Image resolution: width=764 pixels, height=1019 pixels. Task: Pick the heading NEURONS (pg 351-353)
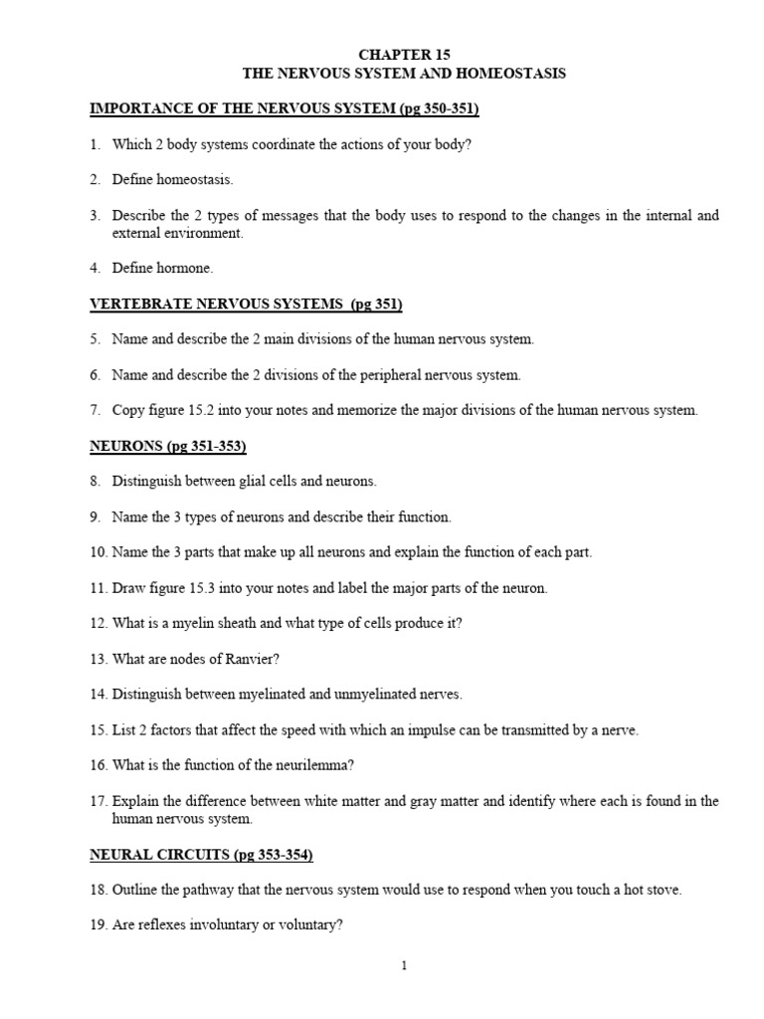(168, 446)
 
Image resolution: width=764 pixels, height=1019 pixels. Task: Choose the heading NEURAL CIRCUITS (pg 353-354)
(202, 855)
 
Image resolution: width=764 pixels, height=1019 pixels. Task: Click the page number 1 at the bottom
(404, 964)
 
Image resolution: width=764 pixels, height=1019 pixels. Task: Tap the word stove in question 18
(664, 891)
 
